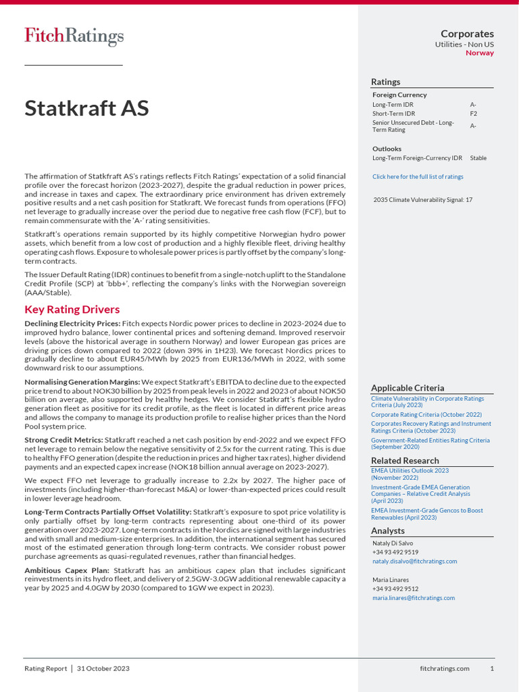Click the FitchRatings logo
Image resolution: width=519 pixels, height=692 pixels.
pyautogui.click(x=74, y=36)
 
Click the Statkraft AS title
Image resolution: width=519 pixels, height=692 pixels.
pyautogui.click(x=86, y=108)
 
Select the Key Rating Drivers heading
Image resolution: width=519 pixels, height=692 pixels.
pyautogui.click(x=72, y=310)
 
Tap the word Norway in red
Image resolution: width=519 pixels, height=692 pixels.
pyautogui.click(x=480, y=53)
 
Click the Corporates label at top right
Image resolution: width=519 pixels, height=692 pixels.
pyautogui.click(x=467, y=34)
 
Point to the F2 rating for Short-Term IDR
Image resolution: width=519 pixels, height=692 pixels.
pyautogui.click(x=474, y=114)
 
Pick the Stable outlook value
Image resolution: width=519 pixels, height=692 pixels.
pyautogui.click(x=478, y=158)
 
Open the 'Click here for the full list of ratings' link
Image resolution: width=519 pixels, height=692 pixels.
pyautogui.click(x=418, y=176)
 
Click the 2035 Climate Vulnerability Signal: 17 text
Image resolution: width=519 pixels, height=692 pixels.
pyautogui.click(x=422, y=200)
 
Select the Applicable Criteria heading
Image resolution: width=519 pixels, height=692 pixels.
pyautogui.click(x=407, y=388)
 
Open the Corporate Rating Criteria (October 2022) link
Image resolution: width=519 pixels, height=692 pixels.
pyautogui.click(x=426, y=414)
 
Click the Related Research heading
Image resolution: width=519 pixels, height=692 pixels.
pyautogui.click(x=405, y=461)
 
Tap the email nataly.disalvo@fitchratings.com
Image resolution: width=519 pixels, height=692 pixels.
pyautogui.click(x=414, y=561)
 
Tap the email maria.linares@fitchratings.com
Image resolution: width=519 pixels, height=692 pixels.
pyautogui.click(x=414, y=597)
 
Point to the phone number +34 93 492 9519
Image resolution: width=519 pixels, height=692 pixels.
pyautogui.click(x=395, y=552)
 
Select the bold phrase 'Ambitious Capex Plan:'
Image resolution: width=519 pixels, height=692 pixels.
pyautogui.click(x=67, y=570)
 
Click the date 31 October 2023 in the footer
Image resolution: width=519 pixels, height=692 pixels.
pyautogui.click(x=103, y=668)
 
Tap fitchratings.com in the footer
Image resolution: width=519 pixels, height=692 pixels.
pyautogui.click(x=444, y=668)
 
